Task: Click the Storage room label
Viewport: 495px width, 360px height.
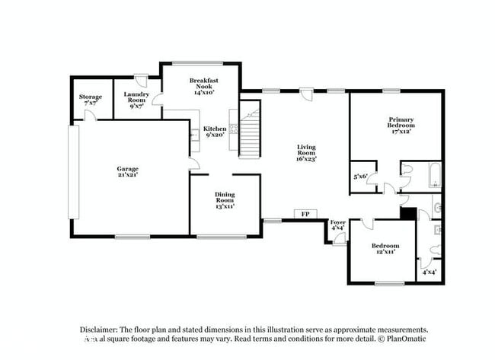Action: pyautogui.click(x=91, y=100)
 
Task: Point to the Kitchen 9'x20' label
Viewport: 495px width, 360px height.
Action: pyautogui.click(x=214, y=132)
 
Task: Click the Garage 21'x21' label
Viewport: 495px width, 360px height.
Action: pyautogui.click(x=127, y=172)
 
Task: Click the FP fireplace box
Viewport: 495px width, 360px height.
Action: pyautogui.click(x=306, y=214)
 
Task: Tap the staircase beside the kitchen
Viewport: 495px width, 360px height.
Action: pyautogui.click(x=250, y=133)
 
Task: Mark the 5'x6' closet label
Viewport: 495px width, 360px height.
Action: pyautogui.click(x=361, y=177)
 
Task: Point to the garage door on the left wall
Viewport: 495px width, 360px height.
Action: pyautogui.click(x=74, y=173)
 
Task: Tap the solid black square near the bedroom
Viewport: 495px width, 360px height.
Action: pyautogui.click(x=407, y=214)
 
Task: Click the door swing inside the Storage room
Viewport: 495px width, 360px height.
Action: pyautogui.click(x=89, y=116)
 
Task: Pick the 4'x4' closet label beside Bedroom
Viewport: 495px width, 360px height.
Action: pyautogui.click(x=429, y=272)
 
